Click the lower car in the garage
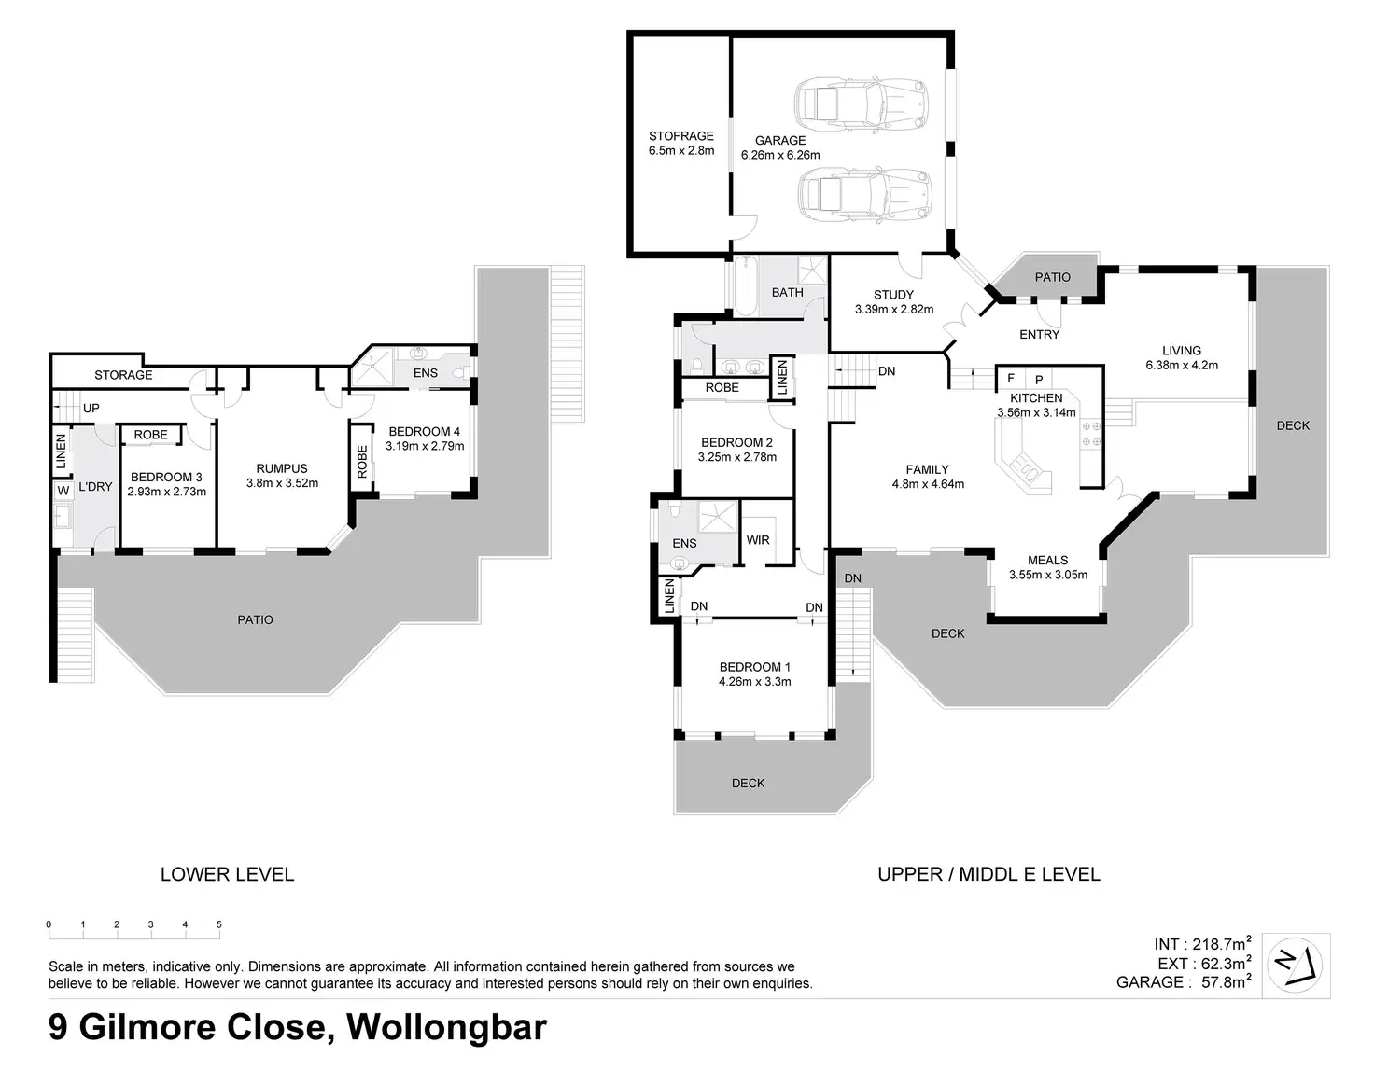point(865,194)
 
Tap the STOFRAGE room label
point(681,136)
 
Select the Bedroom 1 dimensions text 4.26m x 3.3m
point(754,682)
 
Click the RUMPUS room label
point(282,469)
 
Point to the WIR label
point(758,540)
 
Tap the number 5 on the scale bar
point(219,925)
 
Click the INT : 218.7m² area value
point(1202,944)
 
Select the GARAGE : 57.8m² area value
point(1183,982)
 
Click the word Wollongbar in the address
point(446,1028)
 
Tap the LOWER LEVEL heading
point(227,875)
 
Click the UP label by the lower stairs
point(91,409)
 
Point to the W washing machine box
point(63,491)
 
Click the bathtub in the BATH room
point(745,285)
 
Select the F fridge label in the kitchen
point(1011,380)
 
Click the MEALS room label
point(1047,561)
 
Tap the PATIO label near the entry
point(1053,277)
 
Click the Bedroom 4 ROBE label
point(361,463)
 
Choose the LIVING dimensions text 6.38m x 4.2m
point(1182,366)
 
